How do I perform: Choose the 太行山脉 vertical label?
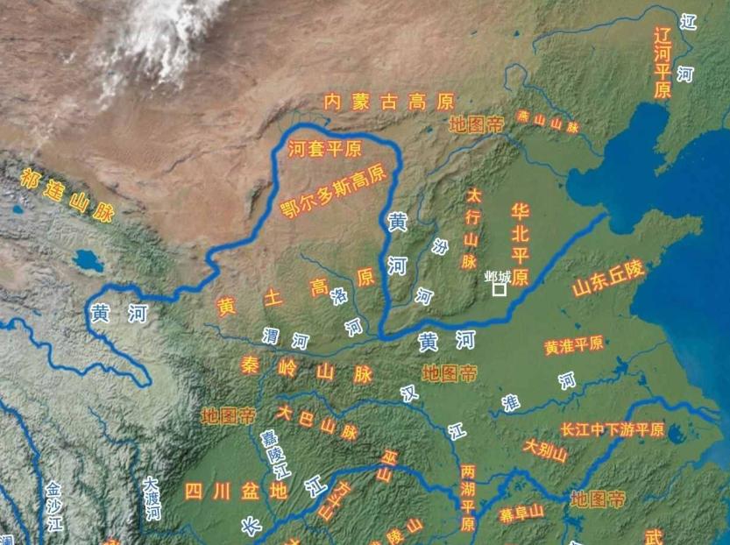471,227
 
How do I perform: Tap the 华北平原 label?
520,244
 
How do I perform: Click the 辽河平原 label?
663,61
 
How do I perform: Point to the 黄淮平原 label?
574,345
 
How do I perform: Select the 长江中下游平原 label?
613,430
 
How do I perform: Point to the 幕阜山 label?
521,512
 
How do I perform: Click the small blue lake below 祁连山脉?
89,260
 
